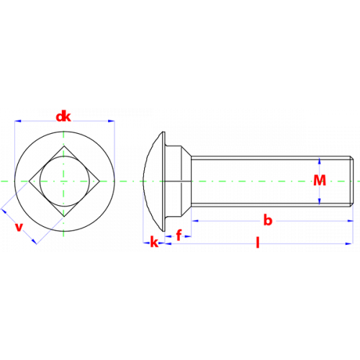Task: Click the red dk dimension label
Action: [x=63, y=117]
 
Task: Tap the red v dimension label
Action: [x=19, y=227]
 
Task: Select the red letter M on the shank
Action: [x=320, y=180]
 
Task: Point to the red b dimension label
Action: [x=268, y=220]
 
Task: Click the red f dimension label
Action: [x=179, y=235]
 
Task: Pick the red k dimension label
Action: [x=154, y=242]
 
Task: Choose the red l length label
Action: [x=258, y=243]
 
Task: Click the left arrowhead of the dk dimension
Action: [x=18, y=121]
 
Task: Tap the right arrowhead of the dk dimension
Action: [x=112, y=121]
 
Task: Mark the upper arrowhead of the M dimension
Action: [x=320, y=161]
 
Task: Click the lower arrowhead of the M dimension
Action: [x=320, y=202]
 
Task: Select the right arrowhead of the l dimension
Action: [x=349, y=243]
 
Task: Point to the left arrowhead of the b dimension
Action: [x=195, y=220]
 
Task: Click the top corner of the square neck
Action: [x=64, y=146]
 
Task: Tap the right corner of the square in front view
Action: [x=99, y=181]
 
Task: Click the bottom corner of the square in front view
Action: [x=64, y=217]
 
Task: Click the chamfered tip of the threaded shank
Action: [x=351, y=181]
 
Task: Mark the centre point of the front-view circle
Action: [x=64, y=181]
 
